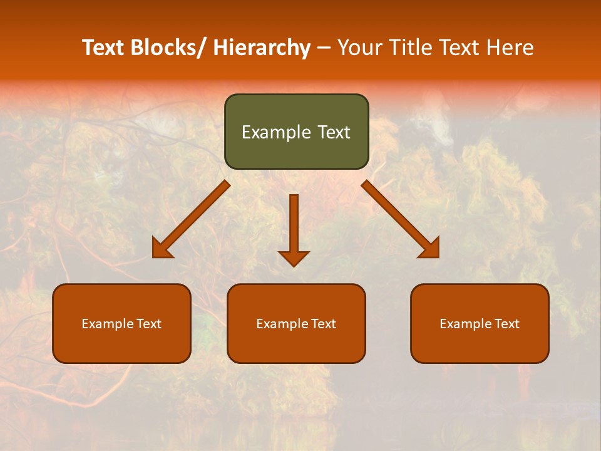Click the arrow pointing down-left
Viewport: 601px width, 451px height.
194,217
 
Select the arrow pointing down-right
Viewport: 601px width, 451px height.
398,217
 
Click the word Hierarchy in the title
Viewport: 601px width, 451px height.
261,48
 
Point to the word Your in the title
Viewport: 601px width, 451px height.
359,48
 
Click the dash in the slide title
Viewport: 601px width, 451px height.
324,48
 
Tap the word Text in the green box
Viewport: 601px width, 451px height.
334,132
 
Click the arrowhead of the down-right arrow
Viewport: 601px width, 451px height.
431,250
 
